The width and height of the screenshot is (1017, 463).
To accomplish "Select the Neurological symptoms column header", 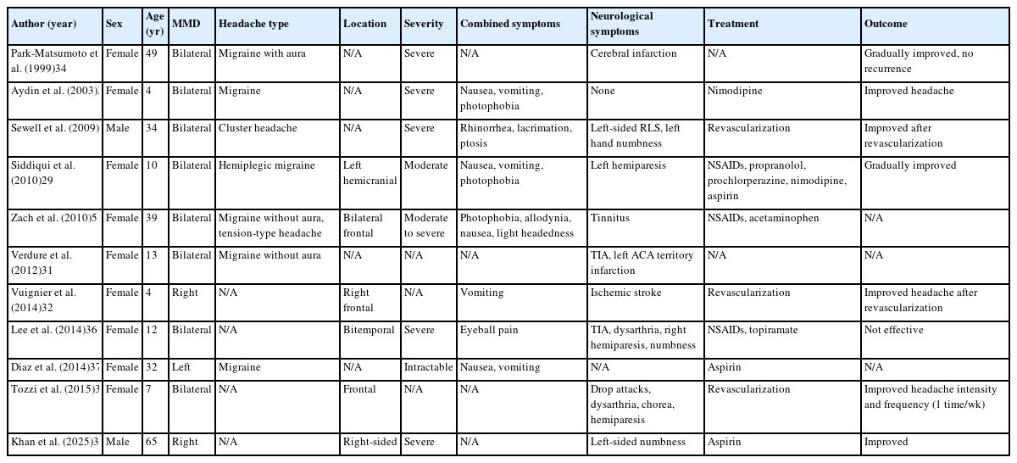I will tap(620, 24).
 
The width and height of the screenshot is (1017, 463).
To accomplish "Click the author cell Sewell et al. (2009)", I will tap(55, 128).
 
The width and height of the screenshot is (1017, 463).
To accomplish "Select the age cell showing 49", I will tap(152, 53).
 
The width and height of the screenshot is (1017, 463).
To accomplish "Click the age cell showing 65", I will tap(152, 442).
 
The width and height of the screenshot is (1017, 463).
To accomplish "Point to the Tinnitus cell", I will tap(609, 218).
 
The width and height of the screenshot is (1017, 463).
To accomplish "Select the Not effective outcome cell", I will tap(894, 330).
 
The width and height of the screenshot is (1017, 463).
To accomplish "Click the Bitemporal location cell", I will tap(365, 330).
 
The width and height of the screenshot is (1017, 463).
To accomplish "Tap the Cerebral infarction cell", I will tap(633, 53).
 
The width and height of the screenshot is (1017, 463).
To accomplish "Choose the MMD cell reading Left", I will tap(181, 367).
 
